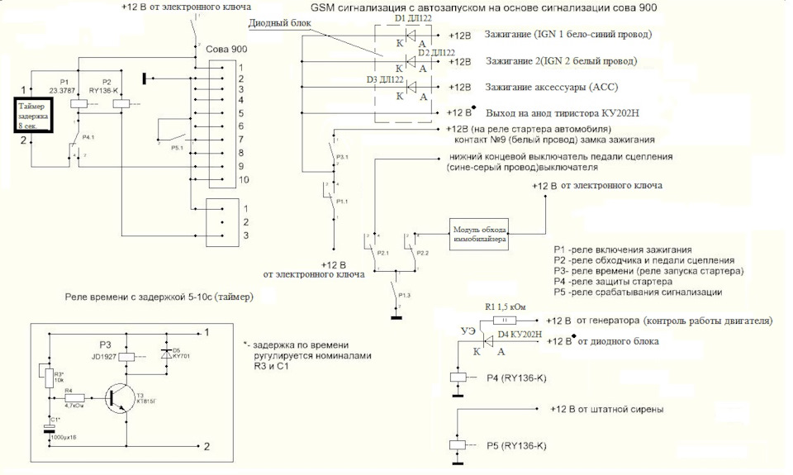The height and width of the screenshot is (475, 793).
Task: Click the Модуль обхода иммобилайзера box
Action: coord(477,233)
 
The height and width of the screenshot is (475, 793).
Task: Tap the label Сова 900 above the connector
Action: coord(226,50)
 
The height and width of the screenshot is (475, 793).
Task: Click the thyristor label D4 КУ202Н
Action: coord(520,334)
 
